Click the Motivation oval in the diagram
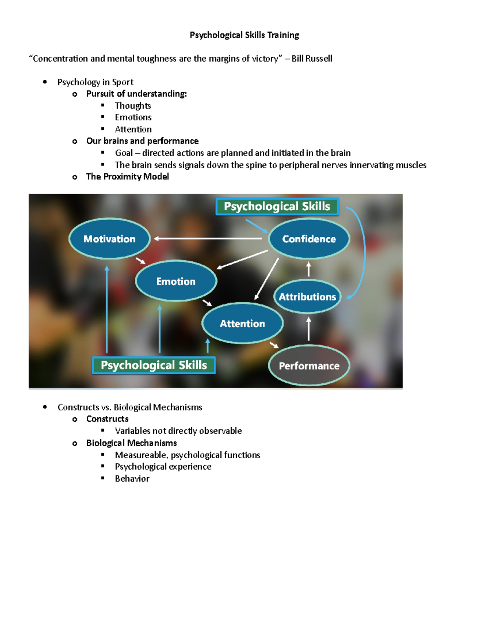pos(109,239)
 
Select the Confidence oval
pos(309,239)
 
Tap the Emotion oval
pos(176,281)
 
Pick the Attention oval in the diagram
pos(242,324)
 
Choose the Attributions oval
pos(307,297)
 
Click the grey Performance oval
pos(309,366)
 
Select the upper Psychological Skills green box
pos(277,206)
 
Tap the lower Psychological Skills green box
pos(154,365)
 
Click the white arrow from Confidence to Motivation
pos(208,238)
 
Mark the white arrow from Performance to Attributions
pos(308,329)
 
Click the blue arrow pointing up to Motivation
pos(107,310)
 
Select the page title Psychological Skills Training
pos(244,35)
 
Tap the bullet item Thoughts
pos(133,106)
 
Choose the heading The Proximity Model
pos(128,176)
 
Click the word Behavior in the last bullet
pos(132,479)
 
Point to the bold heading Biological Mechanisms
pos(132,443)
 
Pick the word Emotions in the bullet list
pos(133,117)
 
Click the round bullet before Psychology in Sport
pos(45,82)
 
